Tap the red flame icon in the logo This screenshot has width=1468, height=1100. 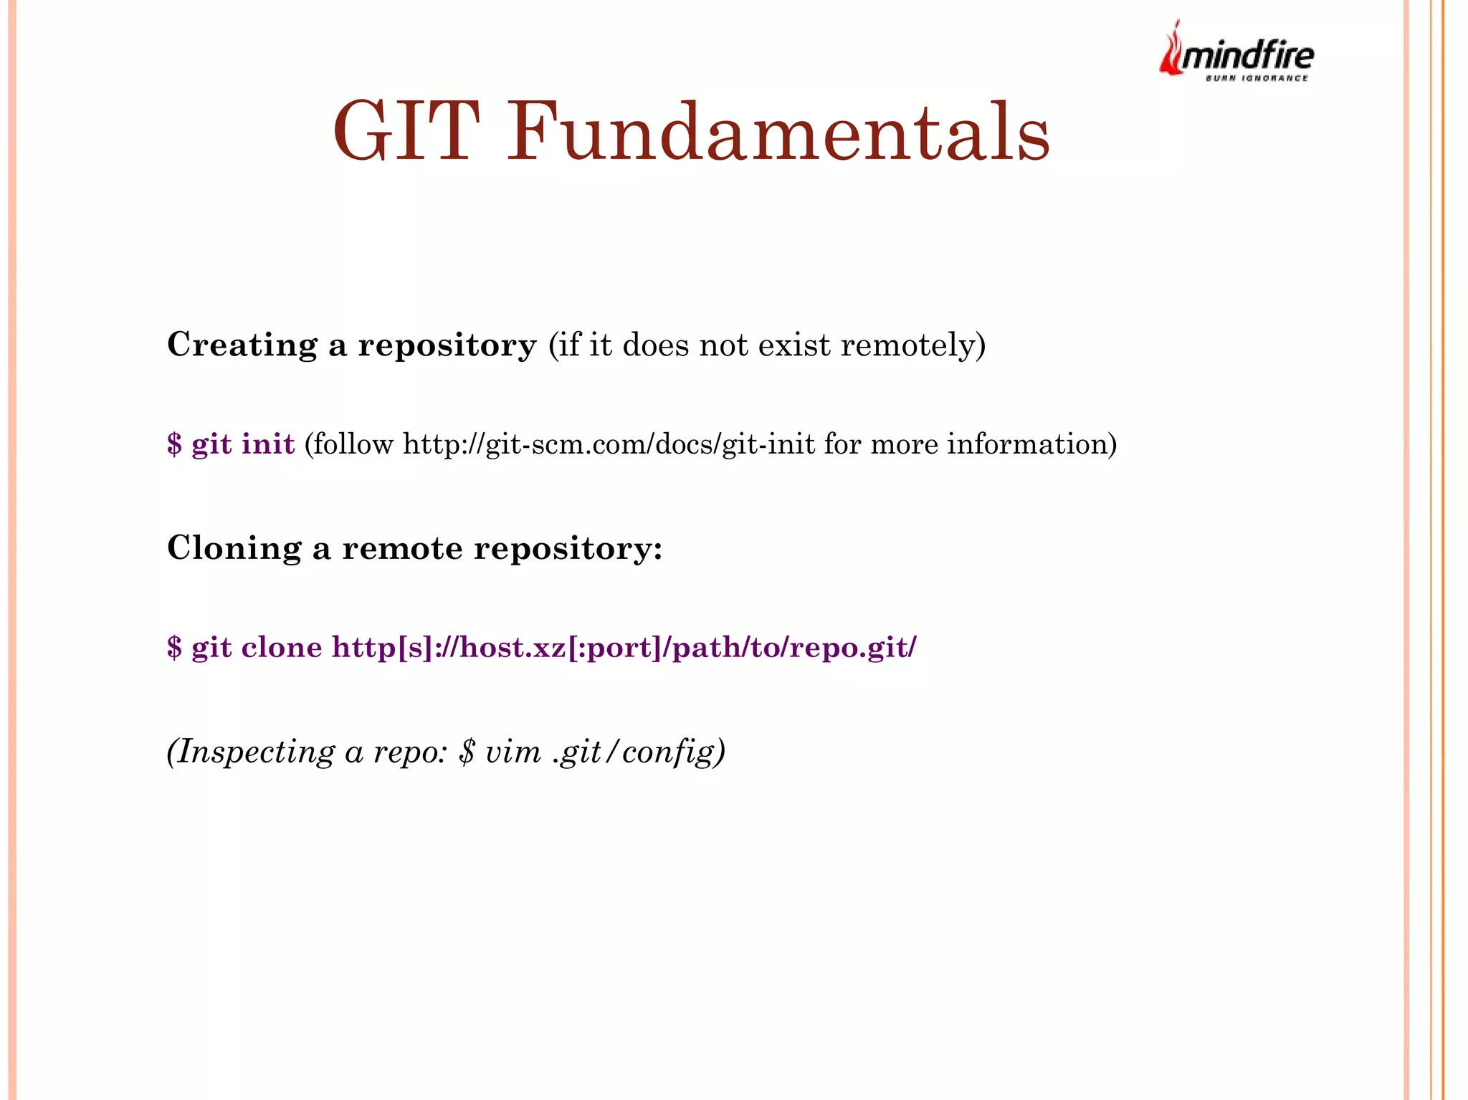1171,50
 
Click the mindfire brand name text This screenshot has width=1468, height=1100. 1248,56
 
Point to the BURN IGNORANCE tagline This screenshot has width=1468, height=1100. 1257,78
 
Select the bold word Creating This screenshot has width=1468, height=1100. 242,345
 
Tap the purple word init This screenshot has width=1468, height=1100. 268,444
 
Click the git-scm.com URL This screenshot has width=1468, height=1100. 609,444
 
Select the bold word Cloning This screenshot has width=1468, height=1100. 234,548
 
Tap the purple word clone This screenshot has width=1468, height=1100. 282,647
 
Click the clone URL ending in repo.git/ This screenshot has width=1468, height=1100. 624,647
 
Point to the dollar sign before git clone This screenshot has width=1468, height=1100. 174,647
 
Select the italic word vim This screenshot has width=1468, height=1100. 513,752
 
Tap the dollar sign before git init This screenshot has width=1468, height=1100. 174,444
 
